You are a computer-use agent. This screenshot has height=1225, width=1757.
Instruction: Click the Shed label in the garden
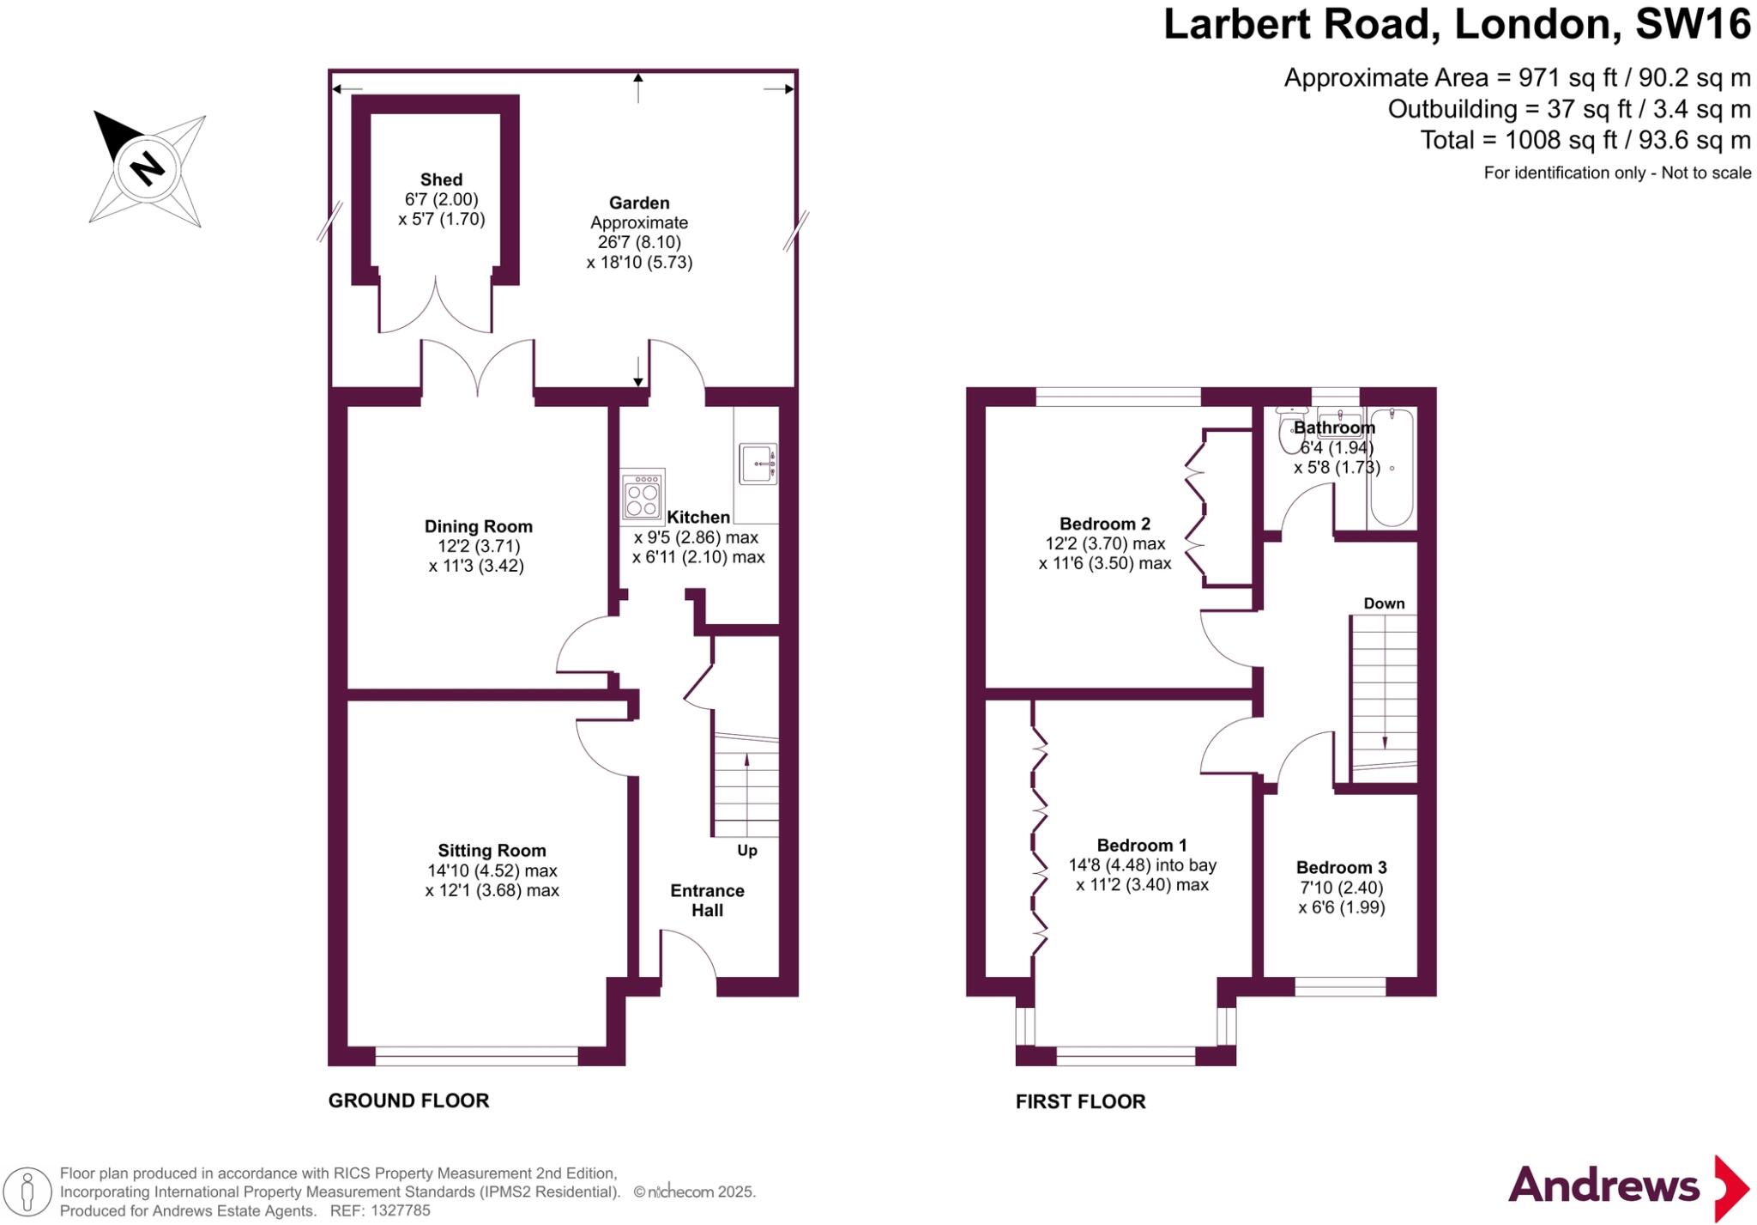click(441, 179)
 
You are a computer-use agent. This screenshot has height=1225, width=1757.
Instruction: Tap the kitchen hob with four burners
click(643, 495)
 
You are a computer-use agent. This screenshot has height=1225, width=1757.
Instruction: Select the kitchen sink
click(758, 464)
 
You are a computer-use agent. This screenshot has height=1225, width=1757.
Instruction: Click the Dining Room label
click(478, 526)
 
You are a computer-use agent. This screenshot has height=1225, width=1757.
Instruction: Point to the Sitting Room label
click(492, 850)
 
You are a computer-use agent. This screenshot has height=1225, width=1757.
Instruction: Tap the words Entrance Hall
click(707, 900)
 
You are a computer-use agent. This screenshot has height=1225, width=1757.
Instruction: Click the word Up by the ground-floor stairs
click(747, 851)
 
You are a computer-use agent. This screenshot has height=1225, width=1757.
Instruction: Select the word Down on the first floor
click(1384, 603)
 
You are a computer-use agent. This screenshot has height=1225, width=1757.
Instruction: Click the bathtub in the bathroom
click(1391, 468)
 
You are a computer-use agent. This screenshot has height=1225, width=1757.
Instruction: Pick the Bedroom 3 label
click(1341, 867)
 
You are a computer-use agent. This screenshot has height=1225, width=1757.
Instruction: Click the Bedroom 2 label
click(1104, 524)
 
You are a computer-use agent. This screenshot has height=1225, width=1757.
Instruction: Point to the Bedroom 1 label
click(1142, 845)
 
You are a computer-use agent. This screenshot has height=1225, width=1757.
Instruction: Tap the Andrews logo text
click(1603, 1186)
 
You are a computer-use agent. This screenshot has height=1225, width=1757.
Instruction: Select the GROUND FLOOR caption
click(408, 1101)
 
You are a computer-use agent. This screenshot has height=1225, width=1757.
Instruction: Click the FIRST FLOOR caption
click(1080, 1101)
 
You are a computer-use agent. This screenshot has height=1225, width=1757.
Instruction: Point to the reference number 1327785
click(400, 1210)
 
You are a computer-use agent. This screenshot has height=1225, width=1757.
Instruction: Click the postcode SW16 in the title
click(1692, 24)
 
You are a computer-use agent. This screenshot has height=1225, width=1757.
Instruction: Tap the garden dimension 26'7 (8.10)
click(639, 242)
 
